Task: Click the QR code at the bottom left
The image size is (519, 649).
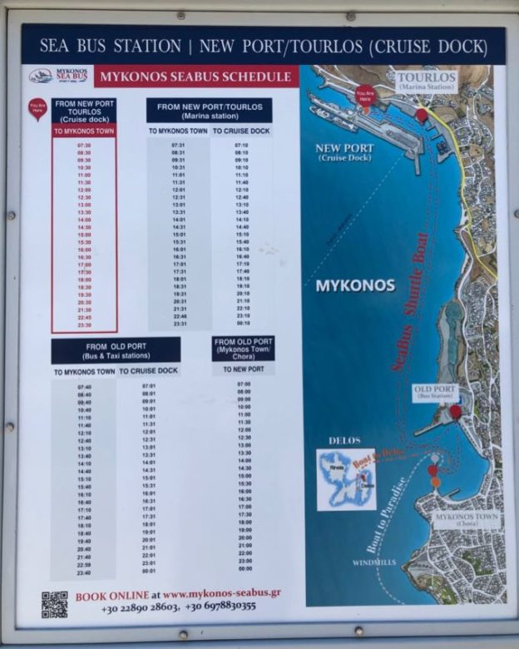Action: pyautogui.click(x=54, y=603)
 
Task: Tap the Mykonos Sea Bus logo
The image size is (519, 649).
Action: pyautogui.click(x=58, y=76)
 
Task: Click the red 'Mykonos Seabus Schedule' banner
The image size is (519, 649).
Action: pyautogui.click(x=195, y=77)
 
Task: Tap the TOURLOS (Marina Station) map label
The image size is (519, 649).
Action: pyautogui.click(x=425, y=82)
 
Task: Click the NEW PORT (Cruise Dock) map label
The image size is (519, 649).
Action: pyautogui.click(x=344, y=152)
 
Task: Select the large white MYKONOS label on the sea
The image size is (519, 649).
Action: pyautogui.click(x=355, y=286)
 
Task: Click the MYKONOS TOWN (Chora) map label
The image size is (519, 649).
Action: pyautogui.click(x=467, y=521)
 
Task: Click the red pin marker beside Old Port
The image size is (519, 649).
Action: pyautogui.click(x=455, y=411)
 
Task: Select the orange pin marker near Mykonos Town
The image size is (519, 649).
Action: pyautogui.click(x=435, y=482)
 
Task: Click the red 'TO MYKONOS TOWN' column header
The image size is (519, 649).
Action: pyautogui.click(x=84, y=131)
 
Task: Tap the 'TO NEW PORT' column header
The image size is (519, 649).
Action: pyautogui.click(x=244, y=369)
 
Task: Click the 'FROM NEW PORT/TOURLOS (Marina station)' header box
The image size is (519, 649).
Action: pyautogui.click(x=210, y=110)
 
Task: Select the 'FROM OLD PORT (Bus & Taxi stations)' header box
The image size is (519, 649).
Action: pyautogui.click(x=116, y=350)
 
